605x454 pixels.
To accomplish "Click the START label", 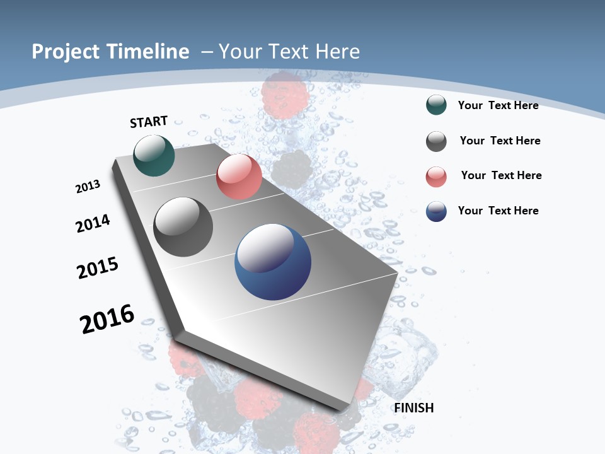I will (149, 122).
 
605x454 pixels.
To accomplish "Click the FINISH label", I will (414, 408).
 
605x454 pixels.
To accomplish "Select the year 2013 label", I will (88, 187).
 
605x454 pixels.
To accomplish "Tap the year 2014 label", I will (93, 223).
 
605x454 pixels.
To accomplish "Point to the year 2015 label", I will (98, 268).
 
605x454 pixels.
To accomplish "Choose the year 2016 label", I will (107, 319).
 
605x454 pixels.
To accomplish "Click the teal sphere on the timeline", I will (154, 155).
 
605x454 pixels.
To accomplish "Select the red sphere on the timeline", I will (239, 177).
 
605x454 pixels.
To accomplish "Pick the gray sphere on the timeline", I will (183, 227).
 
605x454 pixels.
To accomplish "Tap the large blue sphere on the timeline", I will (273, 262).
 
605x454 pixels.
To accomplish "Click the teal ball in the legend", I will (436, 105).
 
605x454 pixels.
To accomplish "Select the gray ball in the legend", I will (436, 141).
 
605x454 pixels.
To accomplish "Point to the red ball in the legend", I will (436, 177).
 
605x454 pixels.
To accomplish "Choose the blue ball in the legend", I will (436, 211).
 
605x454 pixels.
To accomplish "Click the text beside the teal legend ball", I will (498, 105).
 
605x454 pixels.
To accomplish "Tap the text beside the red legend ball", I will (501, 175).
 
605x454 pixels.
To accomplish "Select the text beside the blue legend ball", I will (498, 211).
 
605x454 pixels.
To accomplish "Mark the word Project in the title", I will (65, 52).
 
